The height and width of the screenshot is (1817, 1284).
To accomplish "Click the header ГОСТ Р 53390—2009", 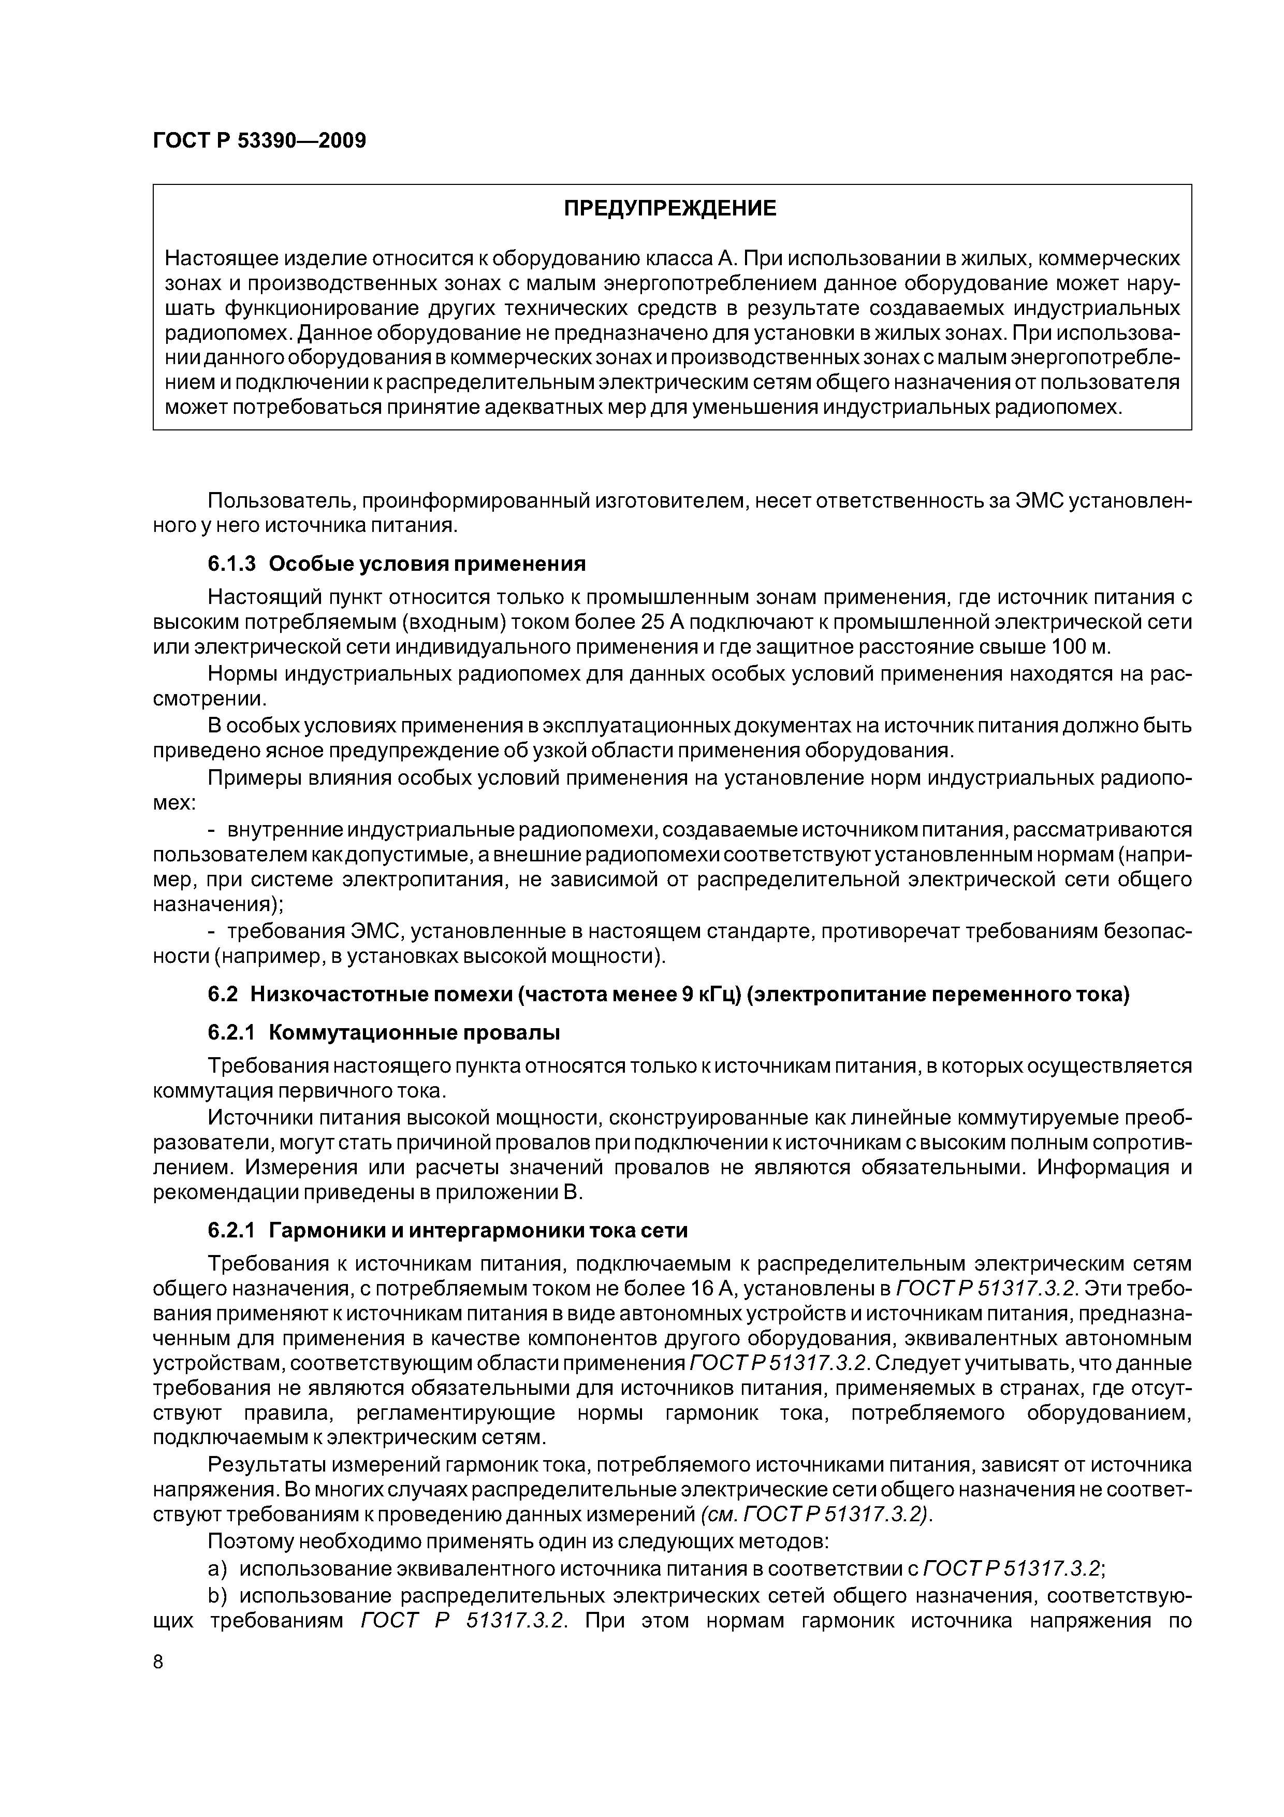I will (x=259, y=141).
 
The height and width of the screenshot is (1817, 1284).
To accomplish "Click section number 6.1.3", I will (x=232, y=564).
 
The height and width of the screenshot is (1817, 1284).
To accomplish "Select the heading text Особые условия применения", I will (x=427, y=564).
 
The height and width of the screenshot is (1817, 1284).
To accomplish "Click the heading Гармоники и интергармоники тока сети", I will (x=478, y=1231).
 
